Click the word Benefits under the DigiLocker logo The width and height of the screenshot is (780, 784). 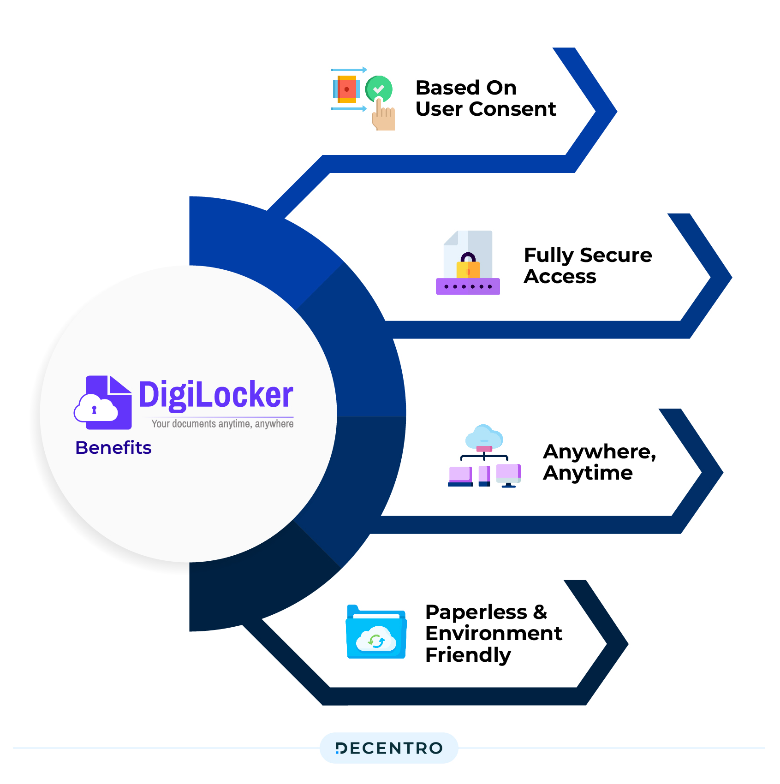coord(113,448)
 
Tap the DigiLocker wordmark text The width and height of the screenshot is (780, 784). coord(216,395)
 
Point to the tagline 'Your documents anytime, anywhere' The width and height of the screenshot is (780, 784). coord(222,424)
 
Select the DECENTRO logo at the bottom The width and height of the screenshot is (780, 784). coord(389,748)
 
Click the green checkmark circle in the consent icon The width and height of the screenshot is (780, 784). coord(379,89)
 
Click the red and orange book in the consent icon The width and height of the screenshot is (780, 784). coord(346,89)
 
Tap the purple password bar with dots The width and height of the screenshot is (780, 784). coord(468,286)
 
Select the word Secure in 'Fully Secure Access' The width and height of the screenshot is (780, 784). coord(616,255)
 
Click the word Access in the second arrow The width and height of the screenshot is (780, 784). coord(560,277)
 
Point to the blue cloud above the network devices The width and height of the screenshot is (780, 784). coord(484,437)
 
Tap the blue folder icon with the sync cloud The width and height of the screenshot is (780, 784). coord(376,632)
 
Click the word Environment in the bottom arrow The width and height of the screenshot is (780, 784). coord(494,634)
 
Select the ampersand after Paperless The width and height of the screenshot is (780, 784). coord(540,612)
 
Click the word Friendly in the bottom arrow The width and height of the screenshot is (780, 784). coord(468,655)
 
